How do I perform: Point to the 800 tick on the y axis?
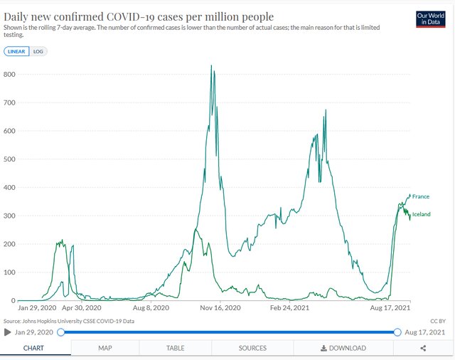pos(10,74)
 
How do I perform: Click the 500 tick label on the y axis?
pos(10,159)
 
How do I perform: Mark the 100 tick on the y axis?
pos(10,272)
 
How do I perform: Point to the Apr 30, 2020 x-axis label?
pos(82,309)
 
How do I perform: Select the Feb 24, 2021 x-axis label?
pos(289,309)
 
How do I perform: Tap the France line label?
pos(420,196)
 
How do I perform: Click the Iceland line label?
pos(422,214)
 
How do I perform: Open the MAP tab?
pos(105,348)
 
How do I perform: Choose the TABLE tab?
pos(175,348)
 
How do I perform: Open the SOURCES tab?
pos(252,348)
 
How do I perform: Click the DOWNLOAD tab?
pos(343,348)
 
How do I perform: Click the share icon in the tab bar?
pos(423,348)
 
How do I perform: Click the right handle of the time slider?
pos(397,332)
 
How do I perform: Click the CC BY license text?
pos(437,321)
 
